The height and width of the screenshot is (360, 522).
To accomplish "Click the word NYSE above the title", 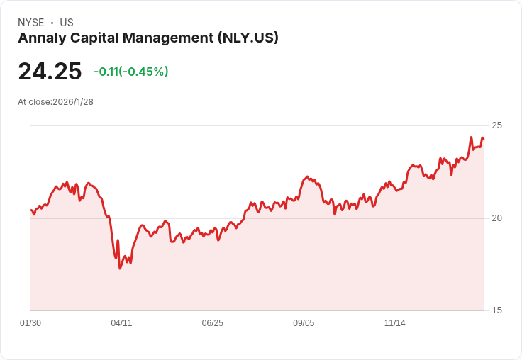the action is pyautogui.click(x=31, y=23).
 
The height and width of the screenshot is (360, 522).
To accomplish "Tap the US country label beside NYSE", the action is pyautogui.click(x=67, y=23).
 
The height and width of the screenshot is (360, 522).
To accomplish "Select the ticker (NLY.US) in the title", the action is pyautogui.click(x=248, y=38).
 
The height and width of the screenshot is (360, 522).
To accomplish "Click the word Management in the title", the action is pyautogui.click(x=168, y=38).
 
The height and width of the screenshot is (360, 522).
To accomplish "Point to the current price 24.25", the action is pyautogui.click(x=50, y=71).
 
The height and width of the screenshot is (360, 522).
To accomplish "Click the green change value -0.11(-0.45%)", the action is pyautogui.click(x=131, y=72).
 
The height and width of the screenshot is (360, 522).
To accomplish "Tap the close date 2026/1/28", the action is pyautogui.click(x=73, y=102).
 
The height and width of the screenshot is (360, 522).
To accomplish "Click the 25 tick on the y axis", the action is pyautogui.click(x=496, y=125).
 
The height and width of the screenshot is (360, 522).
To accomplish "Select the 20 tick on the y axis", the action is pyautogui.click(x=496, y=218).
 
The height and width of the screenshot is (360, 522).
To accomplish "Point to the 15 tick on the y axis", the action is pyautogui.click(x=496, y=310).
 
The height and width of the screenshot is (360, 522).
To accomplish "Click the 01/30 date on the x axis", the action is pyautogui.click(x=30, y=323).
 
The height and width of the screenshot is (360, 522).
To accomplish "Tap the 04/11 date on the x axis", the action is pyautogui.click(x=121, y=323).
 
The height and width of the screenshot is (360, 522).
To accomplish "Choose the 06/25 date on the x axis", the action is pyautogui.click(x=212, y=323).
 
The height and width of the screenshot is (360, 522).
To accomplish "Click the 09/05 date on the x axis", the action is pyautogui.click(x=304, y=323).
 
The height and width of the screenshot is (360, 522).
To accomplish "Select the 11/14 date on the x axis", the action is pyautogui.click(x=395, y=323).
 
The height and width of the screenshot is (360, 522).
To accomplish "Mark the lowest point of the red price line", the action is pyautogui.click(x=120, y=268).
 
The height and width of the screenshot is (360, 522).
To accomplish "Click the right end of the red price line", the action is pyautogui.click(x=484, y=139).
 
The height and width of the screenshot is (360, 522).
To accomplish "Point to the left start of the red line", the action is pyautogui.click(x=31, y=210).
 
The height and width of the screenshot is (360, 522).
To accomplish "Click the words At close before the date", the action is pyautogui.click(x=34, y=102).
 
